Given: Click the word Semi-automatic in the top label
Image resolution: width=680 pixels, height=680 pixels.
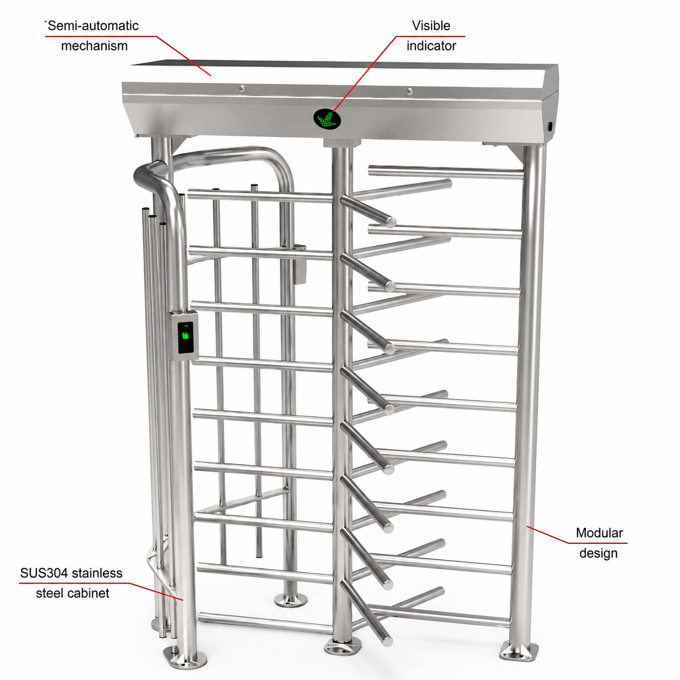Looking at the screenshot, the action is pos(93,26).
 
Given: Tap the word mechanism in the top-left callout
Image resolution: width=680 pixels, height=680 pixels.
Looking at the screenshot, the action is pos(94,46).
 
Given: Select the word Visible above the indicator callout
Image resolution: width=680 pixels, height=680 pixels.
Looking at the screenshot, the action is pos(431,25).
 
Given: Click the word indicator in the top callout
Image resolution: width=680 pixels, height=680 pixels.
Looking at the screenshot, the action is pos(431,46).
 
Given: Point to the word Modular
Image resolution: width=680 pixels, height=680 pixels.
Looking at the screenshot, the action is pos(599,533).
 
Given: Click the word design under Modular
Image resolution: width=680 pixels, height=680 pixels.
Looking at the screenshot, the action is pos(599,553).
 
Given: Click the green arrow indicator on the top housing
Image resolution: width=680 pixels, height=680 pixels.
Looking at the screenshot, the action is pos(327,119).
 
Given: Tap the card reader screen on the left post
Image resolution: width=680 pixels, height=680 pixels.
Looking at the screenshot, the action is pos(185,337).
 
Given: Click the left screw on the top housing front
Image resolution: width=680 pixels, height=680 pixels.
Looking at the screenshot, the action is pos(242,88).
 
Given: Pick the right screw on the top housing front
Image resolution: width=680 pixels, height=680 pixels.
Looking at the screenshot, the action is pos(409,91).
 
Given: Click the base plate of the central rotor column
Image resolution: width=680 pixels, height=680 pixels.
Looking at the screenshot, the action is pos(342,647).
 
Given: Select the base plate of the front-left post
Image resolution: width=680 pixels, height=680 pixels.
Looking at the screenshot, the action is pos(184,658).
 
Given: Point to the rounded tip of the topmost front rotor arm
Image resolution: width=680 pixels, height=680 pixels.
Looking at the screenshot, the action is pos(390,221).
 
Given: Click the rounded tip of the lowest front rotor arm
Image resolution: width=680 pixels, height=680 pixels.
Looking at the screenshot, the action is pos(388,642).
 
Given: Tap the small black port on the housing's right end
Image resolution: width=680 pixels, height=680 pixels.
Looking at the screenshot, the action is pos(550,126).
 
